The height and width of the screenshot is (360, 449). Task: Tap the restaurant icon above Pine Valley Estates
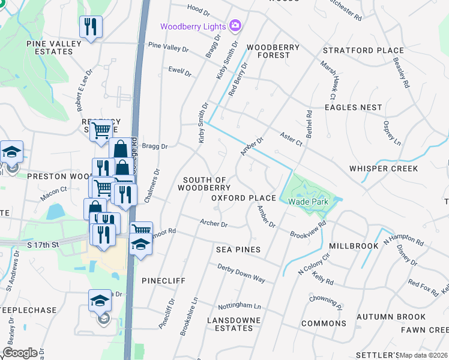tap(91, 27)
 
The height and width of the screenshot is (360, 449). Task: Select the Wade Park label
tap(307, 202)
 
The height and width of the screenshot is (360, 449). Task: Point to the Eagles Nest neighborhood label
tap(353, 107)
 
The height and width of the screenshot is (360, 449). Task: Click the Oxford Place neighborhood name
tap(243, 198)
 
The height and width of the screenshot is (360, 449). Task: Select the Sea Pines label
tap(238, 250)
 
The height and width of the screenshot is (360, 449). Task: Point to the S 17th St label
tap(43, 245)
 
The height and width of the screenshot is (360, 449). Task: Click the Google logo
tap(20, 352)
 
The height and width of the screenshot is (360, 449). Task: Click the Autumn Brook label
tap(391, 317)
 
